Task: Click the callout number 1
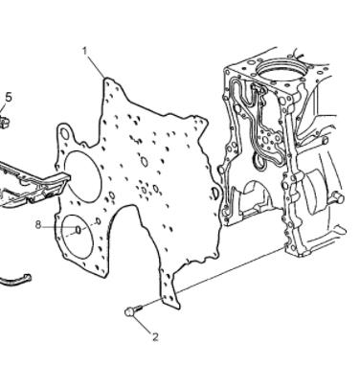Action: tap(85, 51)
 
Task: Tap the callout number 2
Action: tap(155, 337)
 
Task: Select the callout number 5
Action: tap(9, 98)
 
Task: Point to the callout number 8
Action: tap(38, 225)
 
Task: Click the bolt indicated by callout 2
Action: tap(132, 310)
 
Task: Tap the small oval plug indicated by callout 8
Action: tap(78, 229)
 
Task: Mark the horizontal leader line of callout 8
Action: tap(59, 227)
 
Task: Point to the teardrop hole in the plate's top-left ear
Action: tap(65, 134)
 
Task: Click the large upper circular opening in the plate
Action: tap(83, 175)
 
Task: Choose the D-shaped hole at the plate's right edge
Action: tap(215, 194)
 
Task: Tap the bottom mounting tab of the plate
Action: tap(170, 294)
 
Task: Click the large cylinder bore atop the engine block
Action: tap(281, 71)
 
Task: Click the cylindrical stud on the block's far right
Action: tap(337, 198)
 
